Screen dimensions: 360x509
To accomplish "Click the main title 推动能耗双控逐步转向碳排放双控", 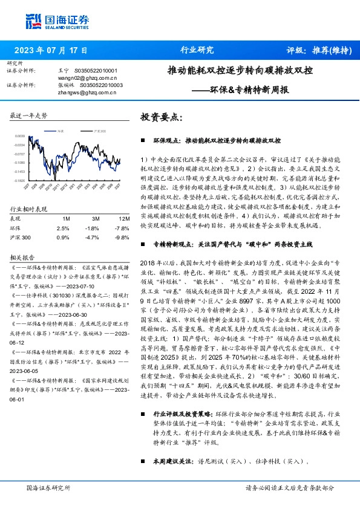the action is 240,70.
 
